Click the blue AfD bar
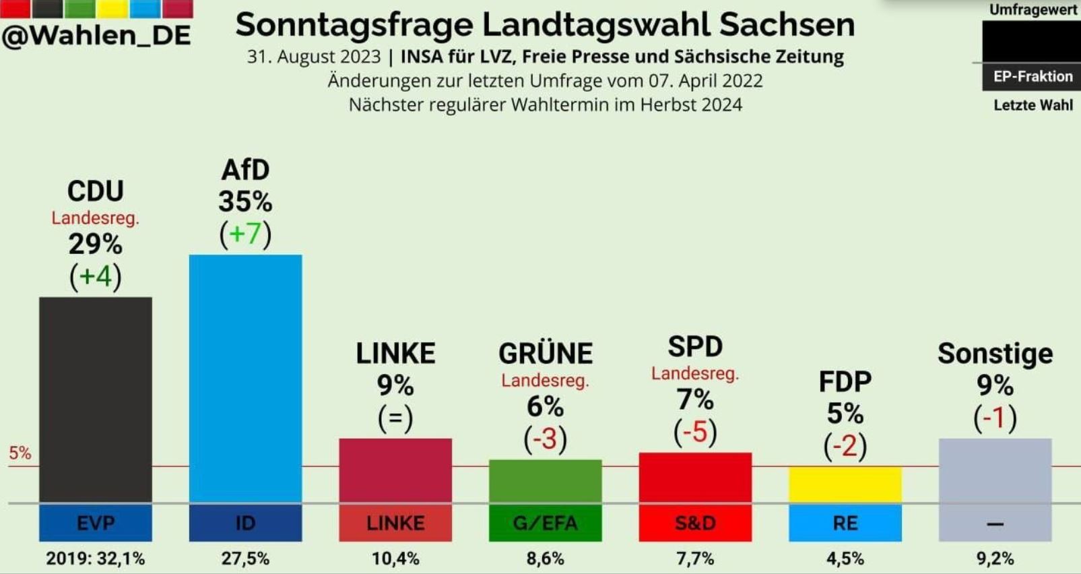tap(245, 378)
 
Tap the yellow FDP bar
tap(845, 484)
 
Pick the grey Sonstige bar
tap(995, 470)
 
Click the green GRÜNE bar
tap(545, 481)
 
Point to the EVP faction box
tap(96, 523)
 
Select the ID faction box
tap(245, 523)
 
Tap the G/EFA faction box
tap(545, 523)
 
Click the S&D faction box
tap(695, 523)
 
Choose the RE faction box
tap(845, 523)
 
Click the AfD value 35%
tap(245, 201)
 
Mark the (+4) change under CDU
tap(96, 277)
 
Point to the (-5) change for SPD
tap(695, 432)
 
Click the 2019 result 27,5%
tap(245, 559)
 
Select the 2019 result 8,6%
tap(545, 559)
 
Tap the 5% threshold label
tap(20, 453)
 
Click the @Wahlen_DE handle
tap(96, 35)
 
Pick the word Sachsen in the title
tap(787, 25)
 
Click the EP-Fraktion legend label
tap(1033, 77)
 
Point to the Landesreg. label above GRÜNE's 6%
tap(545, 381)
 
